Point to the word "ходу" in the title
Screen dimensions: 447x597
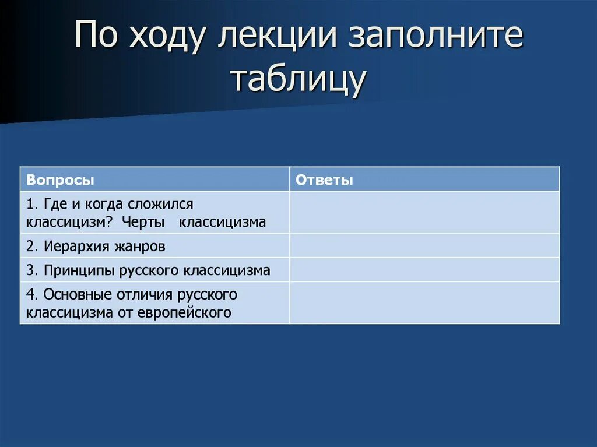pos(169,38)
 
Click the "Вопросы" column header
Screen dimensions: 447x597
pos(60,180)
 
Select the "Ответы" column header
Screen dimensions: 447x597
pos(324,180)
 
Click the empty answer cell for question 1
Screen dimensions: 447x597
pos(424,213)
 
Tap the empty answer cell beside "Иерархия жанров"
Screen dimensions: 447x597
pos(424,246)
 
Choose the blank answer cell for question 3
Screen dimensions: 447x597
pos(424,270)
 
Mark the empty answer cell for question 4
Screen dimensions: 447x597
pos(424,303)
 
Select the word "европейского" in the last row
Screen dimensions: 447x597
pos(185,312)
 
